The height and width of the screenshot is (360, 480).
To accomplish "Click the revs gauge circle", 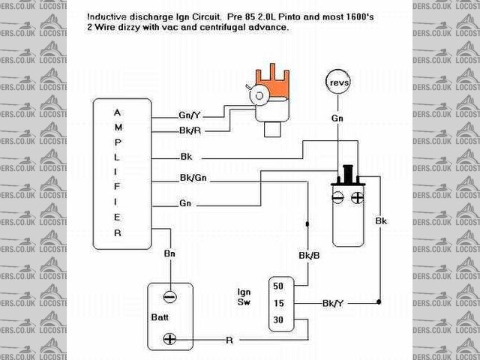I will [x=337, y=82].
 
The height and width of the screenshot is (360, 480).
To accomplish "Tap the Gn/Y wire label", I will [x=189, y=116].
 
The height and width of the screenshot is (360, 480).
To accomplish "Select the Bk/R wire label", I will [x=189, y=131].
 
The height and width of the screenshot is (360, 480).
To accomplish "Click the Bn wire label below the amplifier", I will [x=170, y=254].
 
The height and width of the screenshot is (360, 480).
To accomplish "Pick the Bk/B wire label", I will [x=308, y=254].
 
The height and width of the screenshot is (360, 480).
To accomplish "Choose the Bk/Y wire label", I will [x=332, y=303].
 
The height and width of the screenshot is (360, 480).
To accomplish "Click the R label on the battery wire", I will [x=229, y=340].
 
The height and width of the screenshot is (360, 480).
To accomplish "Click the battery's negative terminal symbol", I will [x=170, y=296].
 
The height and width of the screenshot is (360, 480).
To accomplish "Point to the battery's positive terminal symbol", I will [x=170, y=339].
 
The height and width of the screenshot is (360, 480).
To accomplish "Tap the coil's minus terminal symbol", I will [x=339, y=199].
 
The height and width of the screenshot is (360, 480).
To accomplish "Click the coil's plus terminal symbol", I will [x=357, y=199].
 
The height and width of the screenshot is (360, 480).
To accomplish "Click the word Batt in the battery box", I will [x=172, y=318].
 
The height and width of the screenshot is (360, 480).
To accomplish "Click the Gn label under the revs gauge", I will [x=337, y=118].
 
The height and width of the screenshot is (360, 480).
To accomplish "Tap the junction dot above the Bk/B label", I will [x=307, y=224].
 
